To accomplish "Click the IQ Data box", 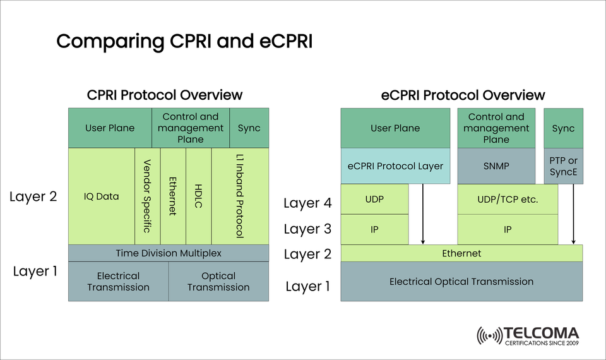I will pyautogui.click(x=101, y=196).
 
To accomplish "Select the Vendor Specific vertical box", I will pyautogui.click(x=148, y=196).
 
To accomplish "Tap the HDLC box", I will pyautogui.click(x=199, y=196).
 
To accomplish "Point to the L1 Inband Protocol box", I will pyautogui.click(x=240, y=196).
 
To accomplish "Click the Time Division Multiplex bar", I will pyautogui.click(x=169, y=253).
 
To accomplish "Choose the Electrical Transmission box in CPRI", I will pyautogui.click(x=118, y=282).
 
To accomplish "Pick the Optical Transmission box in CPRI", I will pyautogui.click(x=218, y=282).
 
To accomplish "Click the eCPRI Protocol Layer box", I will pyautogui.click(x=395, y=166).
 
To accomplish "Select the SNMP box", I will pyautogui.click(x=496, y=166).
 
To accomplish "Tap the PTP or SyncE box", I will pyautogui.click(x=563, y=166).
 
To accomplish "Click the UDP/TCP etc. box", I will pyautogui.click(x=508, y=200).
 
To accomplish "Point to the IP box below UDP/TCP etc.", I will pyautogui.click(x=508, y=230).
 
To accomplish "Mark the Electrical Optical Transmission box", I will pyautogui.click(x=461, y=282).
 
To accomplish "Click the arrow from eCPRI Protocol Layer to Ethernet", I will pyautogui.click(x=423, y=215).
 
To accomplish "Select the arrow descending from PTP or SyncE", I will pyautogui.click(x=573, y=215).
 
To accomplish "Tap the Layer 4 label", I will pyautogui.click(x=307, y=203).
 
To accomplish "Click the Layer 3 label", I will pyautogui.click(x=307, y=229).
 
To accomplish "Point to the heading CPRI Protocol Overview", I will pyautogui.click(x=165, y=95).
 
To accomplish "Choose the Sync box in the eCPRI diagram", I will pyautogui.click(x=563, y=128).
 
